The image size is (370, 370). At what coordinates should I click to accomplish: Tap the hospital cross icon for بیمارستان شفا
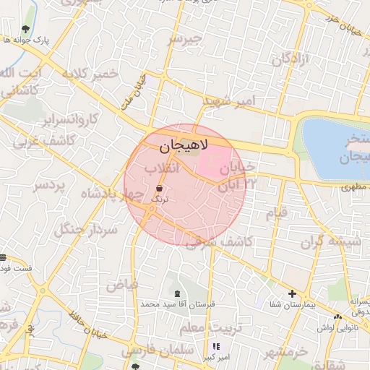[292, 293]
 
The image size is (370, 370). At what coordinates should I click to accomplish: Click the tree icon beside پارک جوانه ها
[26, 29]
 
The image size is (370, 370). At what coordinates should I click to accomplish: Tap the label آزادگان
[291, 59]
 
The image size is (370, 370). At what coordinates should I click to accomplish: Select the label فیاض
[122, 285]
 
